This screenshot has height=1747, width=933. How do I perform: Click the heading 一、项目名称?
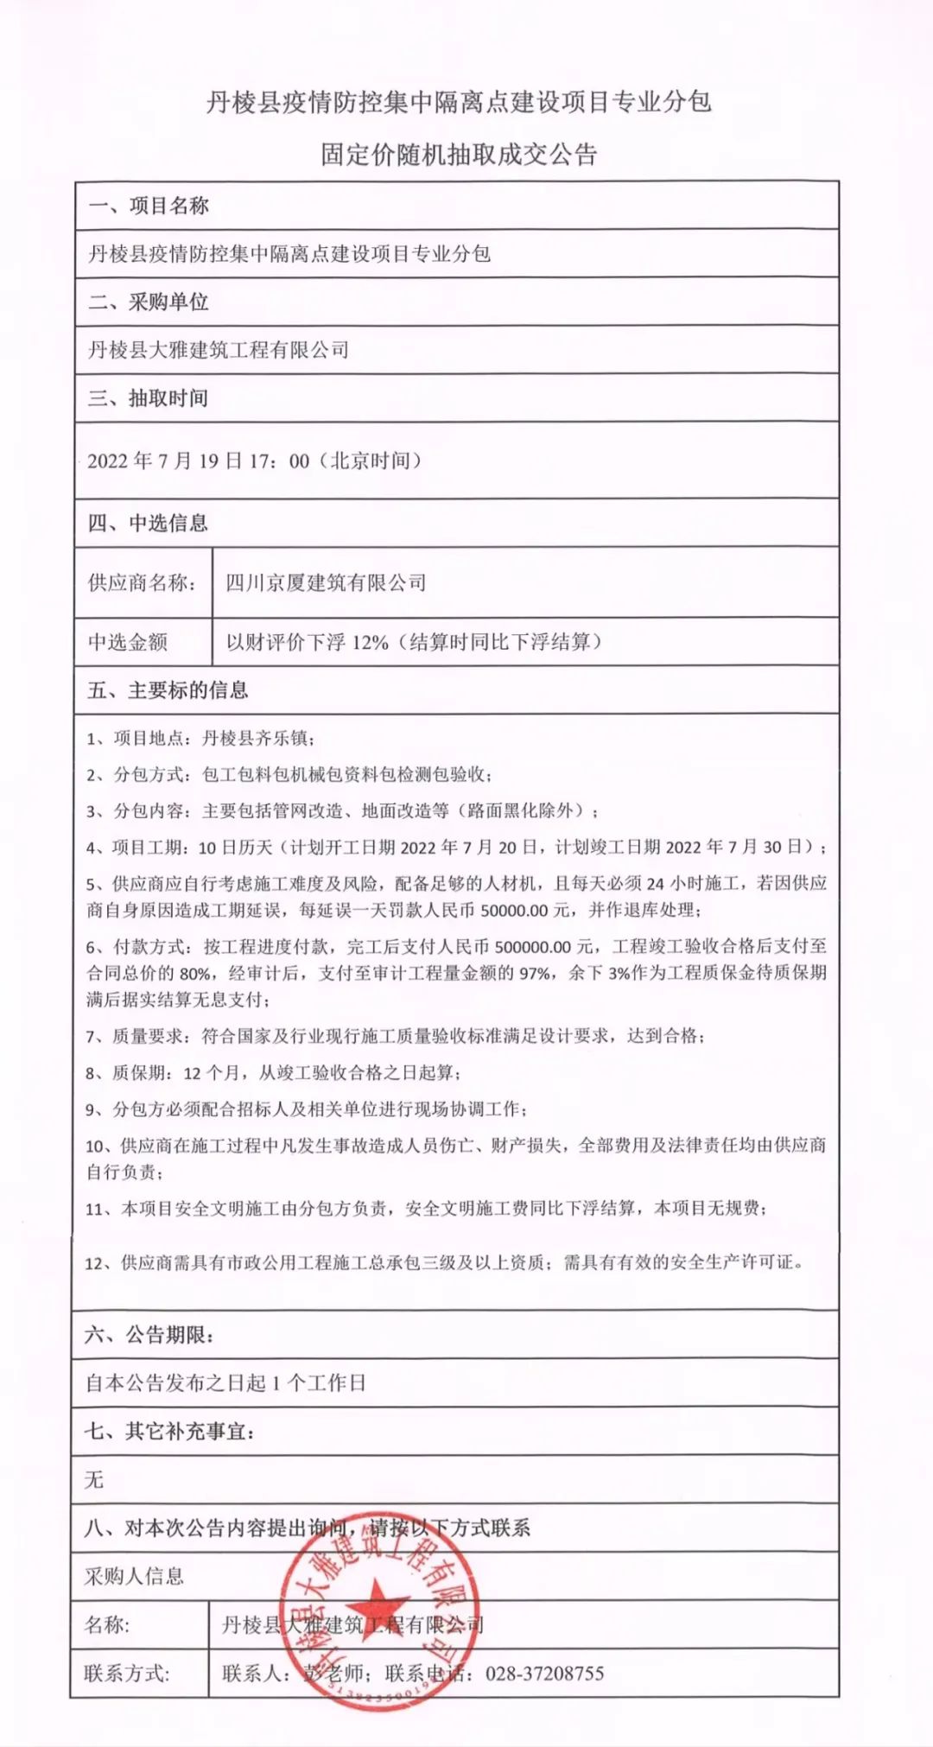coord(149,206)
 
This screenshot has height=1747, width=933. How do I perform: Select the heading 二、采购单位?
coord(149,302)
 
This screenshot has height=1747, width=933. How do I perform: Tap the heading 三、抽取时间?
coord(149,398)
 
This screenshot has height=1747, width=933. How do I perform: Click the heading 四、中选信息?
coord(149,523)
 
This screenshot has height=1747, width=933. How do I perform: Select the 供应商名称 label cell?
coord(142,582)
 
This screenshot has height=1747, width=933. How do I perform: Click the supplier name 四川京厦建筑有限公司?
coord(326,582)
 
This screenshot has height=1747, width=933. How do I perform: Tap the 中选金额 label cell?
coord(128,641)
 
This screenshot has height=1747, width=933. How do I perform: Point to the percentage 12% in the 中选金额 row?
coord(370,642)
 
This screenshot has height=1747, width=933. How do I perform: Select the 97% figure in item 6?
coord(534,973)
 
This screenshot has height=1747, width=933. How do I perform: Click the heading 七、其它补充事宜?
coord(170,1432)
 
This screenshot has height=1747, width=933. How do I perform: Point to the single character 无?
coord(94,1480)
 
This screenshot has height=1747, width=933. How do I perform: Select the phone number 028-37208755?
coord(544,1674)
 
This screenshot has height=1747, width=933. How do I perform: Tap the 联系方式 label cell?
coord(127,1674)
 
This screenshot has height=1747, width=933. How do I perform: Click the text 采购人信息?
coord(134,1576)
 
